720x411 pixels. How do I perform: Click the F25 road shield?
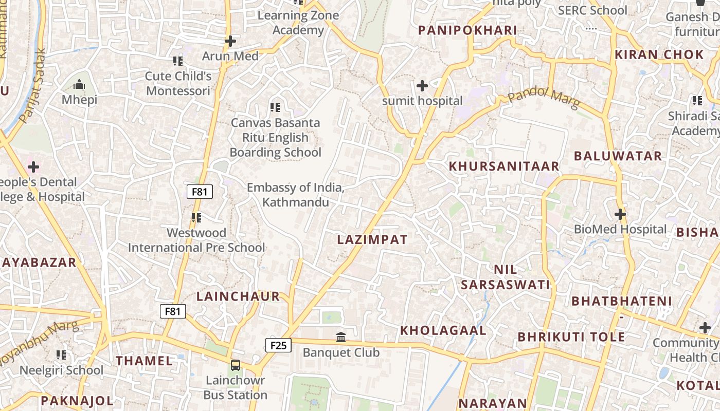278,345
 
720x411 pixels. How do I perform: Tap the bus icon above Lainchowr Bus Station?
236,365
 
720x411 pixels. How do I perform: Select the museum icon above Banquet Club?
341,338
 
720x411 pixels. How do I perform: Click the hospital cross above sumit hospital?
422,86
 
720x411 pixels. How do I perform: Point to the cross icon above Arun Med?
230,41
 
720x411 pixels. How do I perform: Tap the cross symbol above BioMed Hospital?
620,214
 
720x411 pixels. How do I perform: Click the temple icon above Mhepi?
79,84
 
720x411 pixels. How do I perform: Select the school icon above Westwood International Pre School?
196,218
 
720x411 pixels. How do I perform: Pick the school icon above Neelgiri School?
61,355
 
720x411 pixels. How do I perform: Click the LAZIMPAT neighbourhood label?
372,239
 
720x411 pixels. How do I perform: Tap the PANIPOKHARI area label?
467,30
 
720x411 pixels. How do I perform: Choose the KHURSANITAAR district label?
504,166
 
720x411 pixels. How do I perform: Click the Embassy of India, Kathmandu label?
295,195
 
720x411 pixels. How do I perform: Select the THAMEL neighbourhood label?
145,361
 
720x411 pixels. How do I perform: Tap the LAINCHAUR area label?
238,296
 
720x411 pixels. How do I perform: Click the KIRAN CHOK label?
659,54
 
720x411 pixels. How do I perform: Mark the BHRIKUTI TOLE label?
571,337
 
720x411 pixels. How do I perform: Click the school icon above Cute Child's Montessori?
178,61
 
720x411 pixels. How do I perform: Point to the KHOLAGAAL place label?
443,330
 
